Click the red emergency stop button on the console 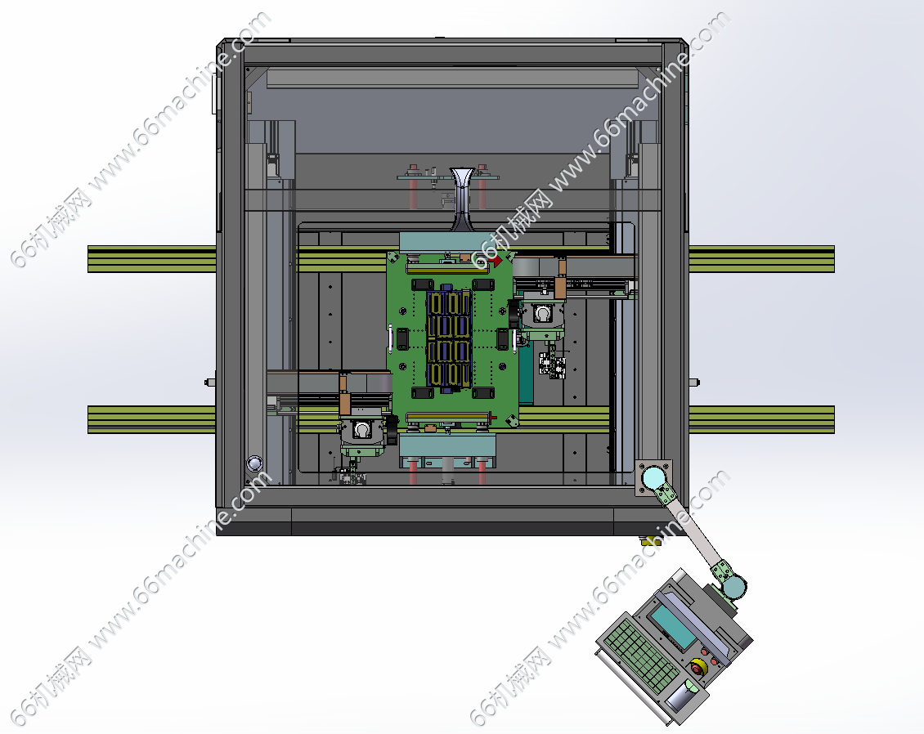tap(698, 668)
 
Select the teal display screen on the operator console tap(672, 625)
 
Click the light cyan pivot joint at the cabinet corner tap(653, 477)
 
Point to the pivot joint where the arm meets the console tap(733, 586)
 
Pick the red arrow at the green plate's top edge tap(497, 260)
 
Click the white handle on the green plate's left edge tap(390, 338)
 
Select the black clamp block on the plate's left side tap(402, 338)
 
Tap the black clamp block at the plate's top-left tap(423, 285)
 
